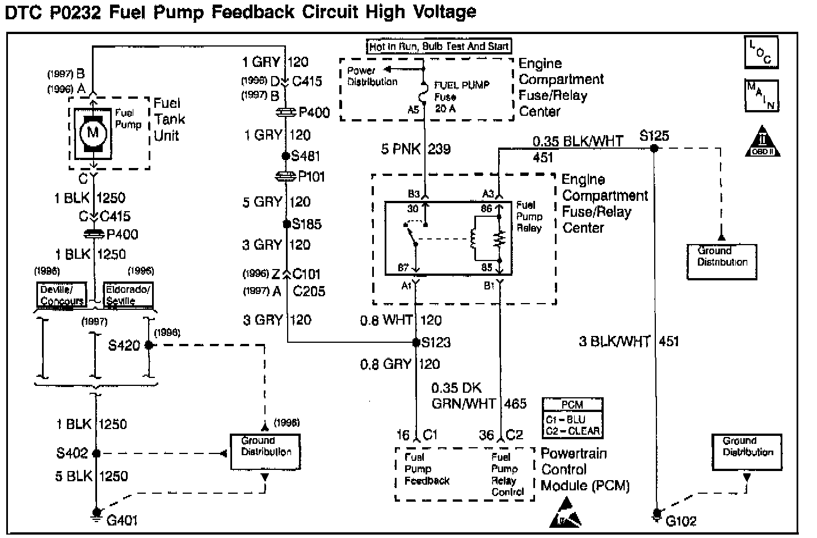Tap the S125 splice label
point(654,136)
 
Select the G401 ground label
point(122,520)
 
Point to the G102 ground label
point(681,520)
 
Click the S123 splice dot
point(416,342)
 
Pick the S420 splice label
point(124,345)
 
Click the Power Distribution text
point(372,77)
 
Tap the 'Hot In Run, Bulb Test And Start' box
point(439,47)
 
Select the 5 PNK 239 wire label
point(416,149)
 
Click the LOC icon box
point(761,52)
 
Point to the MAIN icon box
point(761,95)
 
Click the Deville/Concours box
point(62,295)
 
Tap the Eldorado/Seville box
point(128,295)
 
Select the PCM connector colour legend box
point(572,418)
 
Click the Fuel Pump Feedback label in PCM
point(427,469)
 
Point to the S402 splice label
point(72,453)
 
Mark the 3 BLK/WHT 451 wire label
point(629,341)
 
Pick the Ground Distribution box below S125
point(722,262)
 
